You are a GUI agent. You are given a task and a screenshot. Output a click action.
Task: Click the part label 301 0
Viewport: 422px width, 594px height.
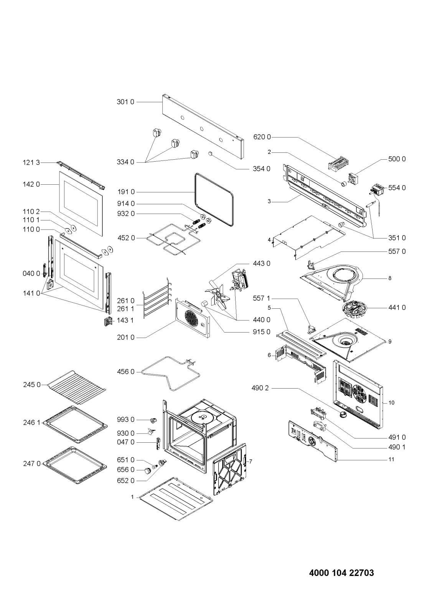[125, 103]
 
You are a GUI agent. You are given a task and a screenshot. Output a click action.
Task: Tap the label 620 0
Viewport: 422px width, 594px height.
[262, 137]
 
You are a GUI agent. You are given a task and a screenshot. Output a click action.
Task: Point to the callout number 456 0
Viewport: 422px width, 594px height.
[125, 372]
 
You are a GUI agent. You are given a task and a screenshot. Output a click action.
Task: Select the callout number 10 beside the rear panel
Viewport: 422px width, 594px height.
[391, 403]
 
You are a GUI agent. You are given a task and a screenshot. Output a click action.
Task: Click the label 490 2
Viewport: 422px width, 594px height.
[262, 388]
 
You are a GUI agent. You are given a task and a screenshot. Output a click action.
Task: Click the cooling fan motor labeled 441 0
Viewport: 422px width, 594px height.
[355, 307]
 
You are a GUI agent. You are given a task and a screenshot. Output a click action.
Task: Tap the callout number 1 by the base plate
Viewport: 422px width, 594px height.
[132, 497]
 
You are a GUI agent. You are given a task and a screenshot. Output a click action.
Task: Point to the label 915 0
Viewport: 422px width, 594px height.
[262, 332]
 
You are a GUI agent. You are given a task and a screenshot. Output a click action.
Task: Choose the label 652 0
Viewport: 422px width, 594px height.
[125, 480]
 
